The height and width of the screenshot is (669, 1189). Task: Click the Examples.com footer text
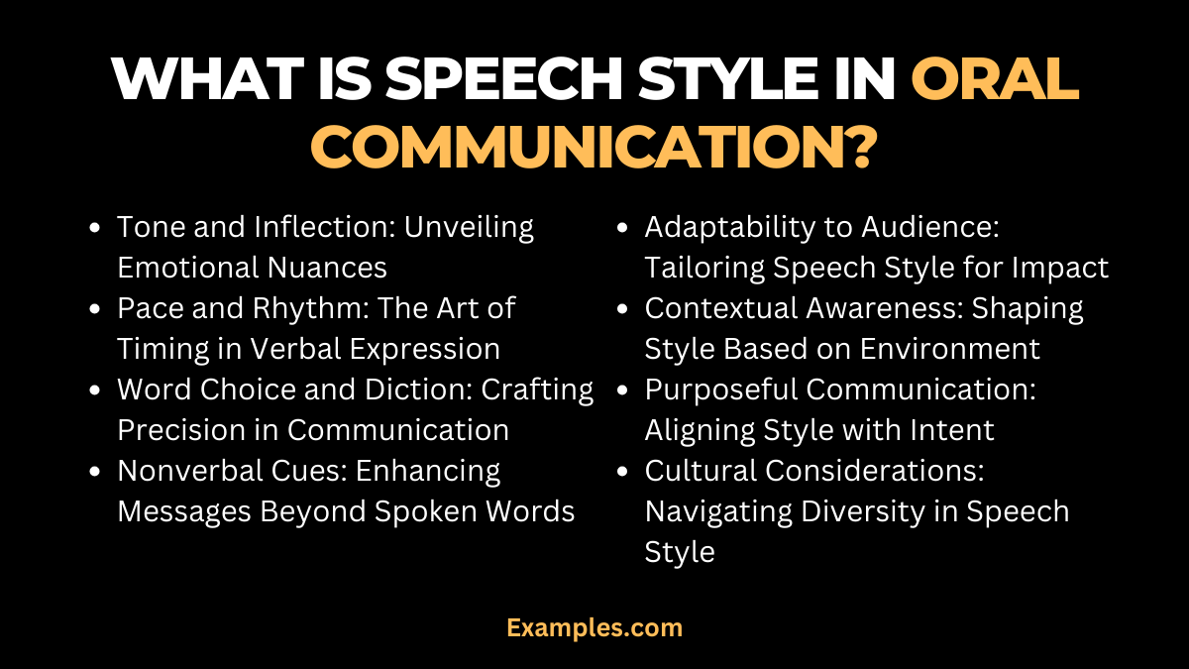click(594, 627)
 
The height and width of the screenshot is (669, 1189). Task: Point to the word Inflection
click(316, 227)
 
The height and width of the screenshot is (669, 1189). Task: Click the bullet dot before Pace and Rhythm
click(94, 308)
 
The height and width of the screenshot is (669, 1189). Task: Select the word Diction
click(415, 390)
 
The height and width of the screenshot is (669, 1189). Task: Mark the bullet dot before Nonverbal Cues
click(94, 471)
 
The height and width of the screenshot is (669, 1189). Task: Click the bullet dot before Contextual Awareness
click(621, 308)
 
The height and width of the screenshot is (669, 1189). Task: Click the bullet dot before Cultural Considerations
click(621, 471)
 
